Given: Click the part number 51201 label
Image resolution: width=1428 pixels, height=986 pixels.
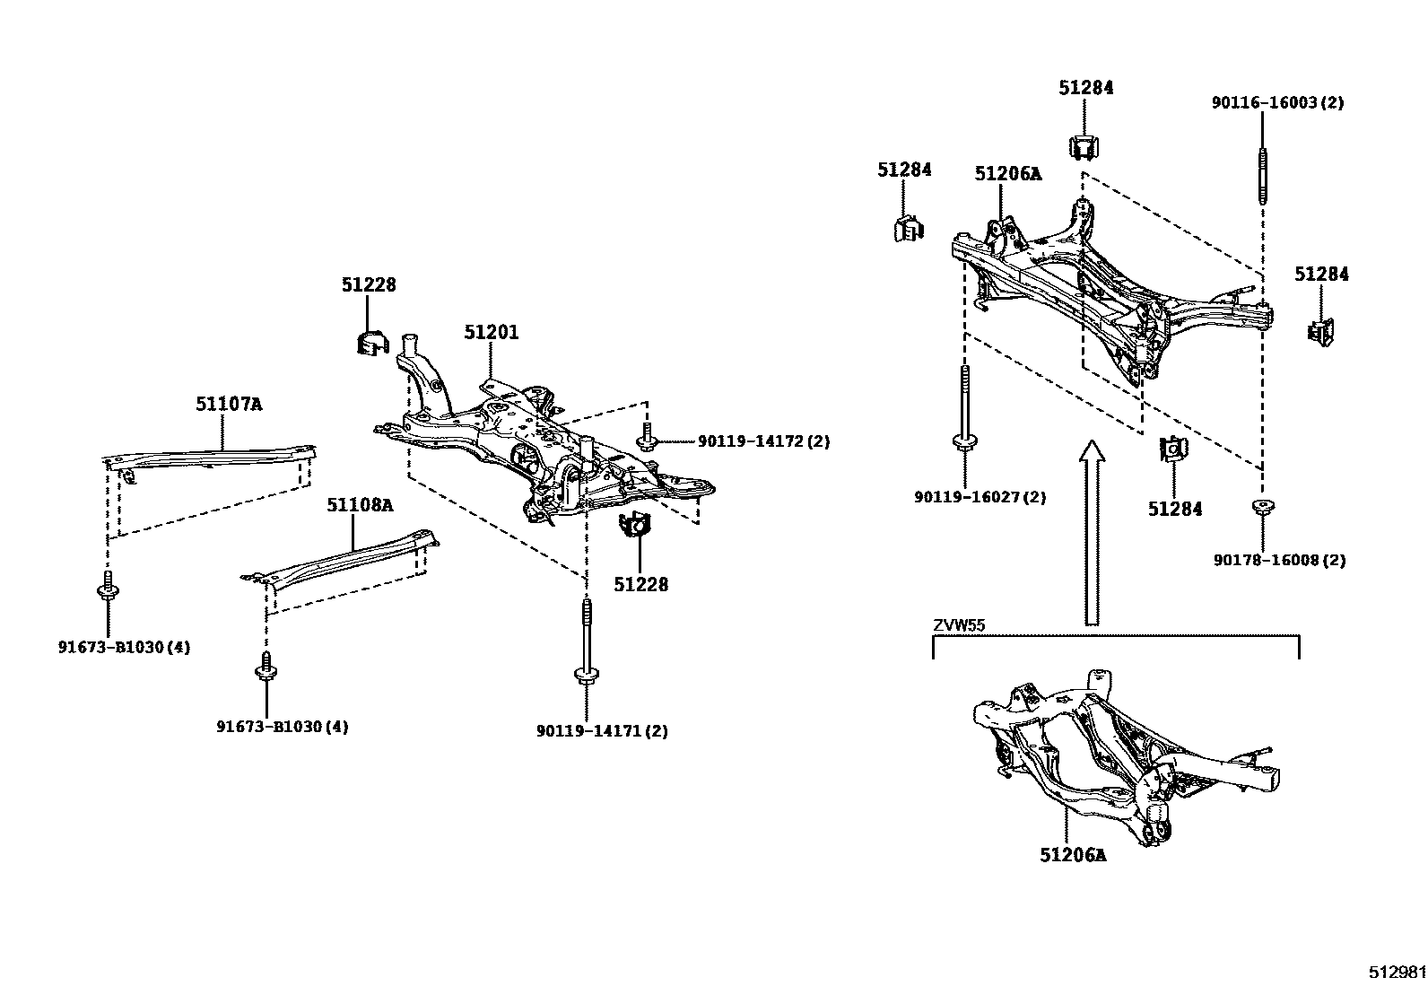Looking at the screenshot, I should pos(491,333).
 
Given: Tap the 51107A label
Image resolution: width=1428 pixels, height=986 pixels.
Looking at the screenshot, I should pos(229,405).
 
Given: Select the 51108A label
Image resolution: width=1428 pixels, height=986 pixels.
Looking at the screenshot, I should pos(360,505).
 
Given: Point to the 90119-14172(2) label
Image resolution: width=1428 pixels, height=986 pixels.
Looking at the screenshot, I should pos(764,441).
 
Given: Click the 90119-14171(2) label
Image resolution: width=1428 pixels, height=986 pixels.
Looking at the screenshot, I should pos(603,731).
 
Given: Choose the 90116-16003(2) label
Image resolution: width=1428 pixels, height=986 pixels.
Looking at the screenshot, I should pos(1278,103).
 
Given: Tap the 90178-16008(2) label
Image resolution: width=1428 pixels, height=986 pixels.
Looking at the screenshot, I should pos(1280,561).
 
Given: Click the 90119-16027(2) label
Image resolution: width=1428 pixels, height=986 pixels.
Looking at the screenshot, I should pos(980,497).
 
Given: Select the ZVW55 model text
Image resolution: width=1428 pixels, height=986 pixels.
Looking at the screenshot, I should pos(959,625).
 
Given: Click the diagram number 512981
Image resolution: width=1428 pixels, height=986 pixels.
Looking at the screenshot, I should pos(1397,973).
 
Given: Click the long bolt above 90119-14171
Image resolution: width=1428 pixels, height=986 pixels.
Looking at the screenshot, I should pos(586,641).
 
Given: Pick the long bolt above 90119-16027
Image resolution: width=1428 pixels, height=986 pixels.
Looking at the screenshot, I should pos(964,408).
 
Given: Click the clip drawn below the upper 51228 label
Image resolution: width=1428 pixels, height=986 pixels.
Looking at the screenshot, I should pos(368,342).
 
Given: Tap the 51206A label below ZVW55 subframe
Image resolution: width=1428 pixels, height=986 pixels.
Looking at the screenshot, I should pos(1073,856).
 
